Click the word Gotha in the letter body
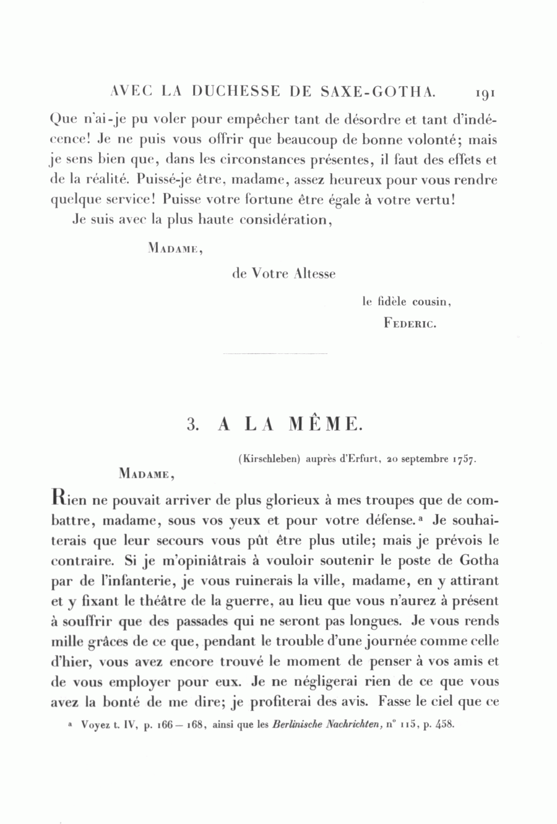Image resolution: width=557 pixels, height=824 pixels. pyautogui.click(x=480, y=561)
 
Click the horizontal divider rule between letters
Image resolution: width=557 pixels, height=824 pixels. pyautogui.click(x=274, y=354)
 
